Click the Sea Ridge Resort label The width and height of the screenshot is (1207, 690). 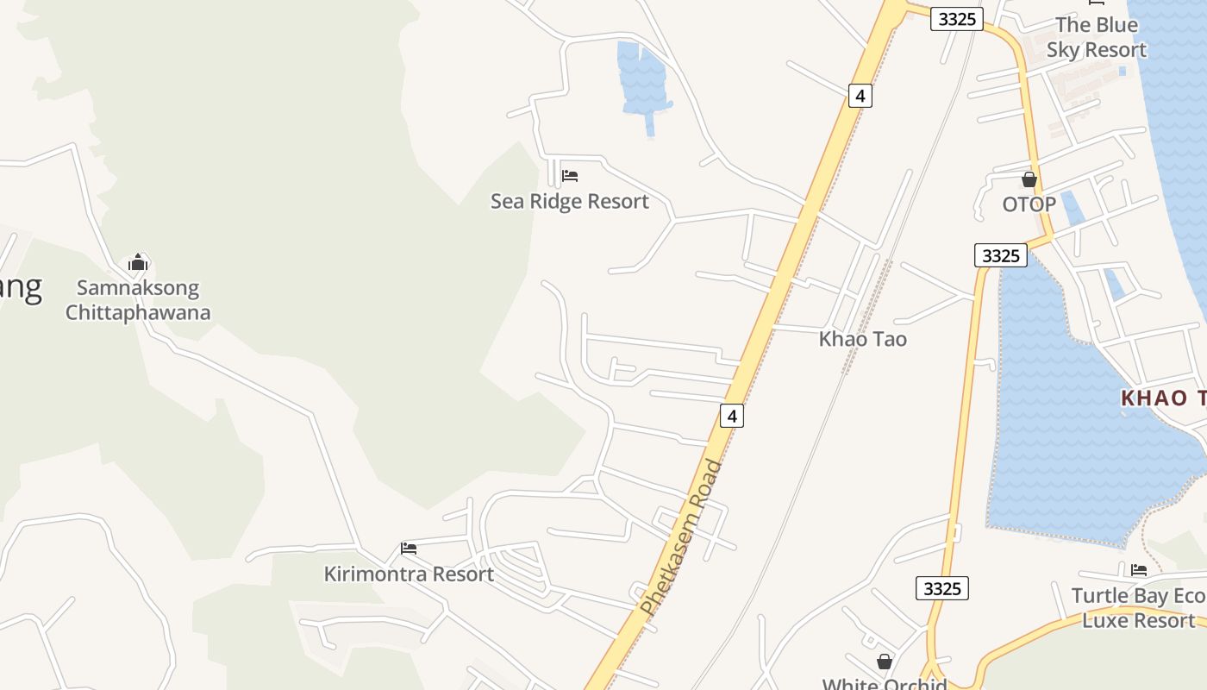coord(569,202)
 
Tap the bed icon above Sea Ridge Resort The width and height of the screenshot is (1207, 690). coord(569,176)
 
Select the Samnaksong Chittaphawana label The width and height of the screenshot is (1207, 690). coord(138,300)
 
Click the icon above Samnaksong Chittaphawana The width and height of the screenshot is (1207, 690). coord(138,262)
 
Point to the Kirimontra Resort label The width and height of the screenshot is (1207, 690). coord(409,574)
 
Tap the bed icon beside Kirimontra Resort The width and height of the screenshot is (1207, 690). coord(409,549)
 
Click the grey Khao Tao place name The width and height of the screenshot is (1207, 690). coord(862,339)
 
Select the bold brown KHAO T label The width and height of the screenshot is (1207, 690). coord(1163,398)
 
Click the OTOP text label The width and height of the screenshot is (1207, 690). coord(1029,205)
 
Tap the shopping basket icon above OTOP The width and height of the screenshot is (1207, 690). coord(1029,180)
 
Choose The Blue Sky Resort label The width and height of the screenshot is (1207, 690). coord(1097,38)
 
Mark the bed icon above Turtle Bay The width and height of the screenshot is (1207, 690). coord(1139,570)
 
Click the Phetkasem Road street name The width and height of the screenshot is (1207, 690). coord(681,538)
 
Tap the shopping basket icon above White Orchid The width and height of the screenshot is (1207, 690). coord(884,662)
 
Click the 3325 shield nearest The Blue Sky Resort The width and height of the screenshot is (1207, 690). coord(957,19)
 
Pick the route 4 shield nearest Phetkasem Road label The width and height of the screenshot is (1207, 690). coord(731,416)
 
